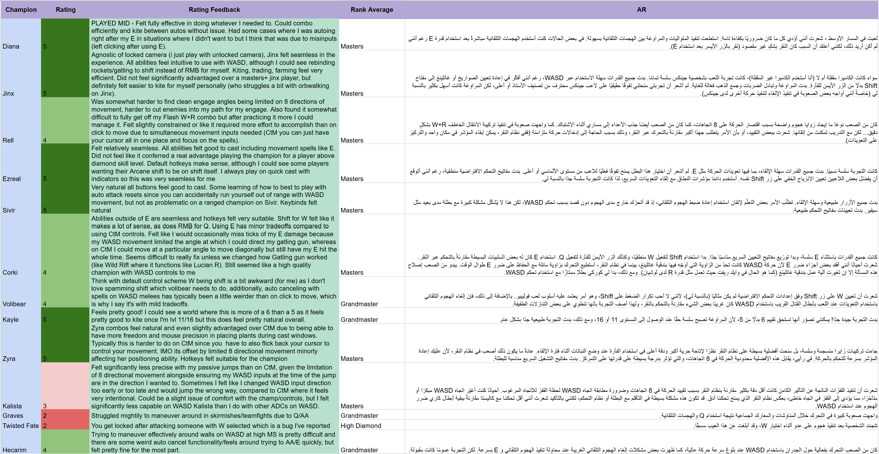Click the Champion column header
[21, 10]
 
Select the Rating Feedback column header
[214, 10]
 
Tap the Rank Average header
[372, 10]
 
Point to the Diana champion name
[11, 47]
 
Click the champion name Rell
[8, 140]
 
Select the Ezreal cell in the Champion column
[12, 179]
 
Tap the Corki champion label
[10, 272]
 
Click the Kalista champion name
[12, 406]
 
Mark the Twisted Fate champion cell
[21, 426]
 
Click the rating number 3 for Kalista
[45, 406]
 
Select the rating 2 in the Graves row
[45, 416]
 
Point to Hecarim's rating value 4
[45, 450]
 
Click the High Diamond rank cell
[360, 426]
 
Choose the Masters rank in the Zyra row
[352, 359]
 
